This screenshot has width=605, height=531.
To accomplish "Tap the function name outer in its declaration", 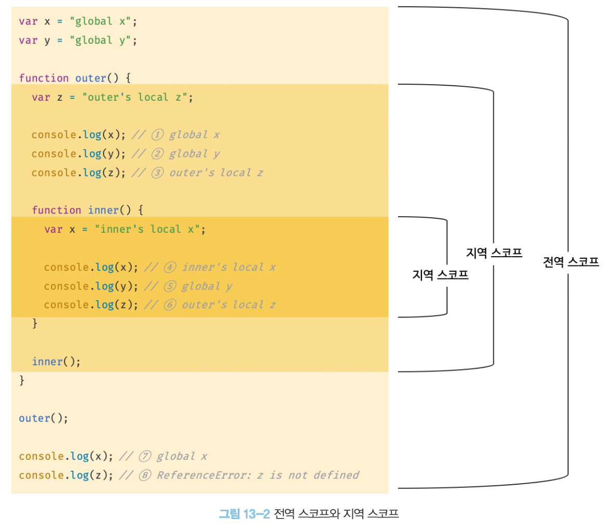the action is pyautogui.click(x=90, y=78).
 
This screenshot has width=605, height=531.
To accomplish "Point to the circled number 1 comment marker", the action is pyautogui.click(x=157, y=135).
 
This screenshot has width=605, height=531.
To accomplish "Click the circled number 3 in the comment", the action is pyautogui.click(x=157, y=172).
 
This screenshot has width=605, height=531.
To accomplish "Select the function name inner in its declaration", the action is pyautogui.click(x=103, y=210).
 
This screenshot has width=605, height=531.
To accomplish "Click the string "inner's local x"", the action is pyautogui.click(x=148, y=229).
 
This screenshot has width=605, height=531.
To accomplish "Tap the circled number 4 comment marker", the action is pyautogui.click(x=170, y=267).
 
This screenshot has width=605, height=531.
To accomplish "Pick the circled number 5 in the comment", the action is pyautogui.click(x=170, y=286).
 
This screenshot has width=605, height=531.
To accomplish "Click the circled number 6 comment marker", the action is pyautogui.click(x=170, y=304).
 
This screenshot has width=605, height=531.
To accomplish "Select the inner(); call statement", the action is pyautogui.click(x=56, y=361).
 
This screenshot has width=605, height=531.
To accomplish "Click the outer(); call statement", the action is pyautogui.click(x=44, y=418).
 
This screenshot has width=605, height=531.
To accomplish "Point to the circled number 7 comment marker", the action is pyautogui.click(x=144, y=456).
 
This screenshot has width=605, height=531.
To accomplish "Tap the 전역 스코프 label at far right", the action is pyautogui.click(x=571, y=262).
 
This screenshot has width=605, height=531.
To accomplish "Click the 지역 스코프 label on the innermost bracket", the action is pyautogui.click(x=440, y=274).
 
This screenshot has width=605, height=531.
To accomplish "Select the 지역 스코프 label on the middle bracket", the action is pyautogui.click(x=494, y=253).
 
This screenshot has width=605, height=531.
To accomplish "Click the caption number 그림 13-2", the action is pyautogui.click(x=244, y=514).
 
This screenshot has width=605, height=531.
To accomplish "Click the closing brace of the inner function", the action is pyautogui.click(x=35, y=323).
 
